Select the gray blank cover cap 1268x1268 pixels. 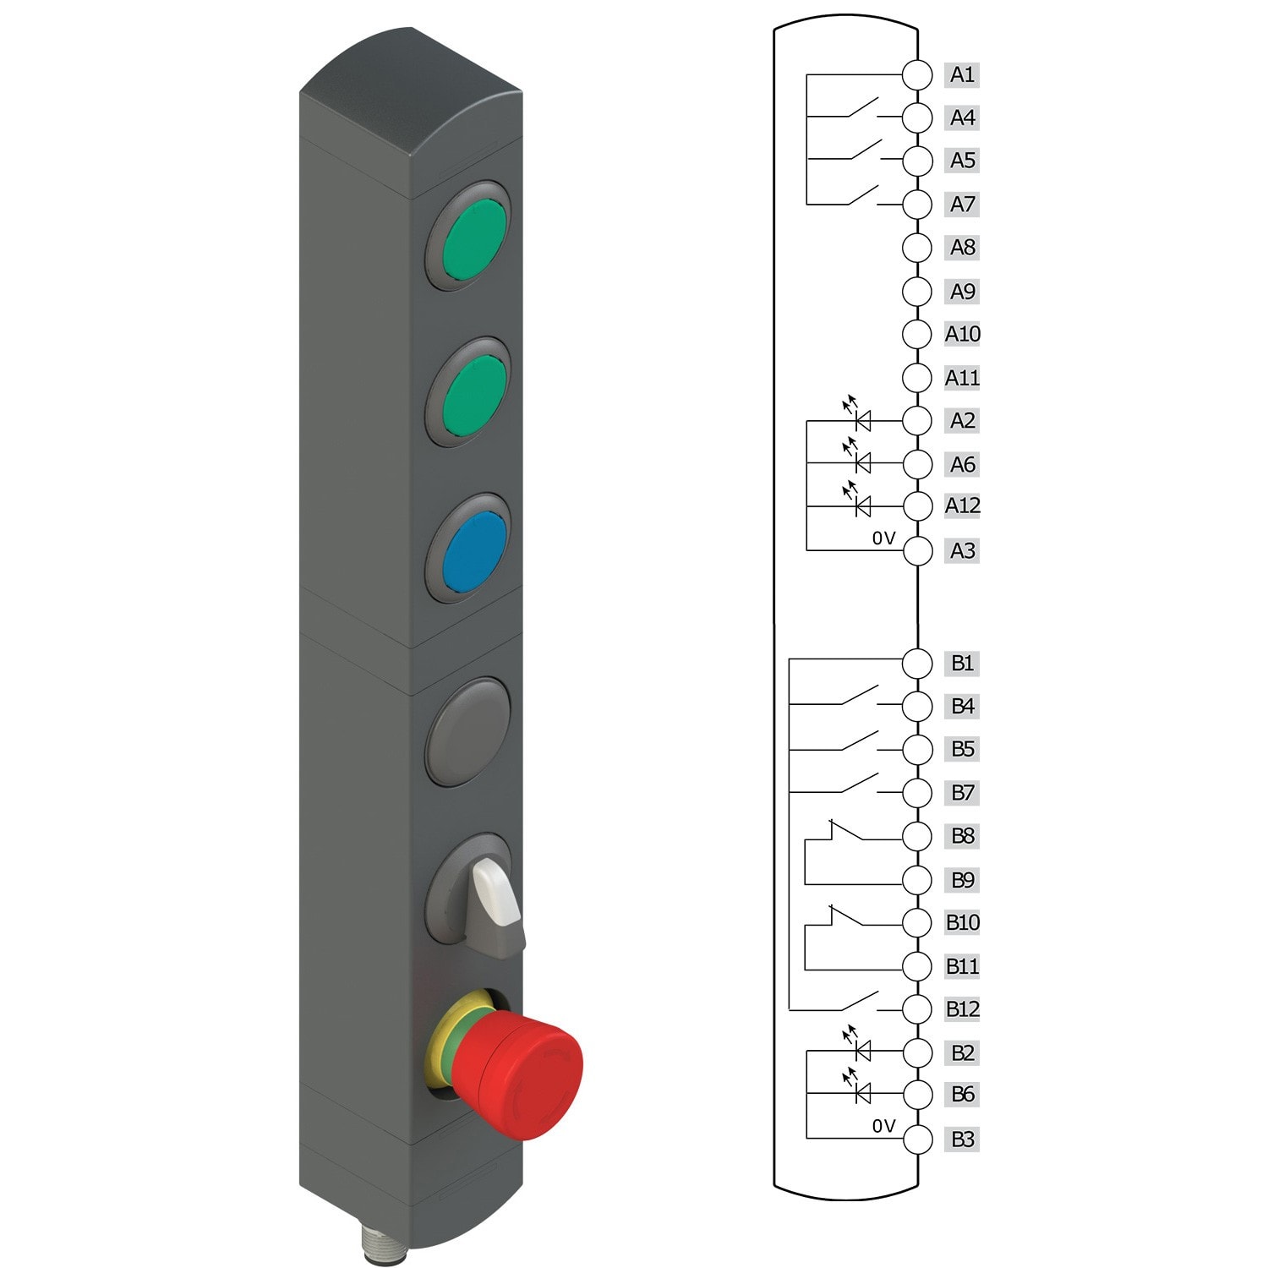click(469, 731)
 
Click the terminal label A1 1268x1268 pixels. click(962, 74)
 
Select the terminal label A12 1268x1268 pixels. click(962, 506)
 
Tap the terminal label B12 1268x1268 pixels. click(962, 1008)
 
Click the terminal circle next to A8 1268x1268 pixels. click(916, 248)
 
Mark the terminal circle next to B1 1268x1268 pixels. click(916, 664)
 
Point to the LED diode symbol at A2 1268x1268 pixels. click(862, 419)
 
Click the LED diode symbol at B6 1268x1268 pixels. click(862, 1094)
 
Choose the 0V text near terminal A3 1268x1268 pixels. click(883, 538)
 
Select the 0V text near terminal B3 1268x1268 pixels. click(883, 1126)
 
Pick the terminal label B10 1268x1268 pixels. click(962, 922)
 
